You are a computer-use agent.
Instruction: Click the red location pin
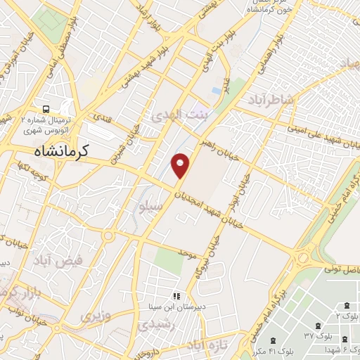(x=181, y=165)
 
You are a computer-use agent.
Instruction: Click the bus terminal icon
(x=45, y=109)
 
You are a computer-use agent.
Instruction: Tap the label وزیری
(x=96, y=316)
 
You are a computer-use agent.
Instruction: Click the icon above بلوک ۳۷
(x=318, y=326)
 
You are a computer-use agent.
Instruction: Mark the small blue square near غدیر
(x=215, y=91)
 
